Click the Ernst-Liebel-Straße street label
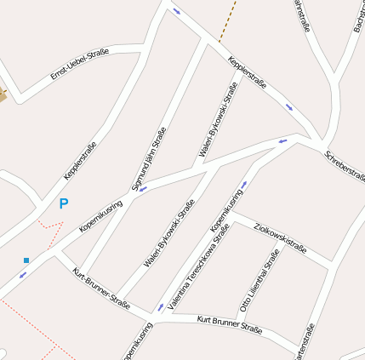point(79,65)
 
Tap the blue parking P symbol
point(63,204)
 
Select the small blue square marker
point(26,260)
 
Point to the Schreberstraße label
point(344,167)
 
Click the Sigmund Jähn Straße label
point(148,159)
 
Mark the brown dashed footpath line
point(227,20)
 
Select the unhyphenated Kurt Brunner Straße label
point(229,324)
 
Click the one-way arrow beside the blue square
point(22,275)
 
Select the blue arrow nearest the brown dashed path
point(177,11)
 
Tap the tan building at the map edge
point(3,95)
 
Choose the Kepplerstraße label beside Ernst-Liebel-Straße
point(80,160)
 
